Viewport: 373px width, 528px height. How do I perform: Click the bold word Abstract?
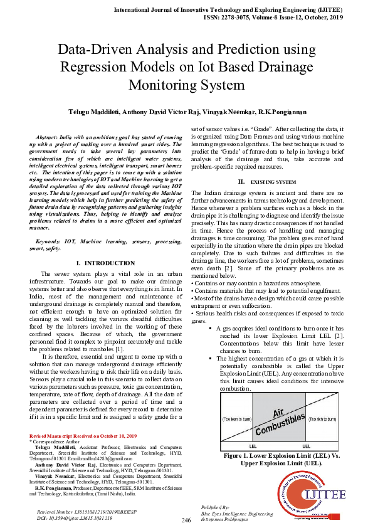tap(48, 137)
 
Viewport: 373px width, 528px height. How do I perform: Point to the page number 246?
tap(186, 520)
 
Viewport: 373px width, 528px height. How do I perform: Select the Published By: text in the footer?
tap(216, 505)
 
